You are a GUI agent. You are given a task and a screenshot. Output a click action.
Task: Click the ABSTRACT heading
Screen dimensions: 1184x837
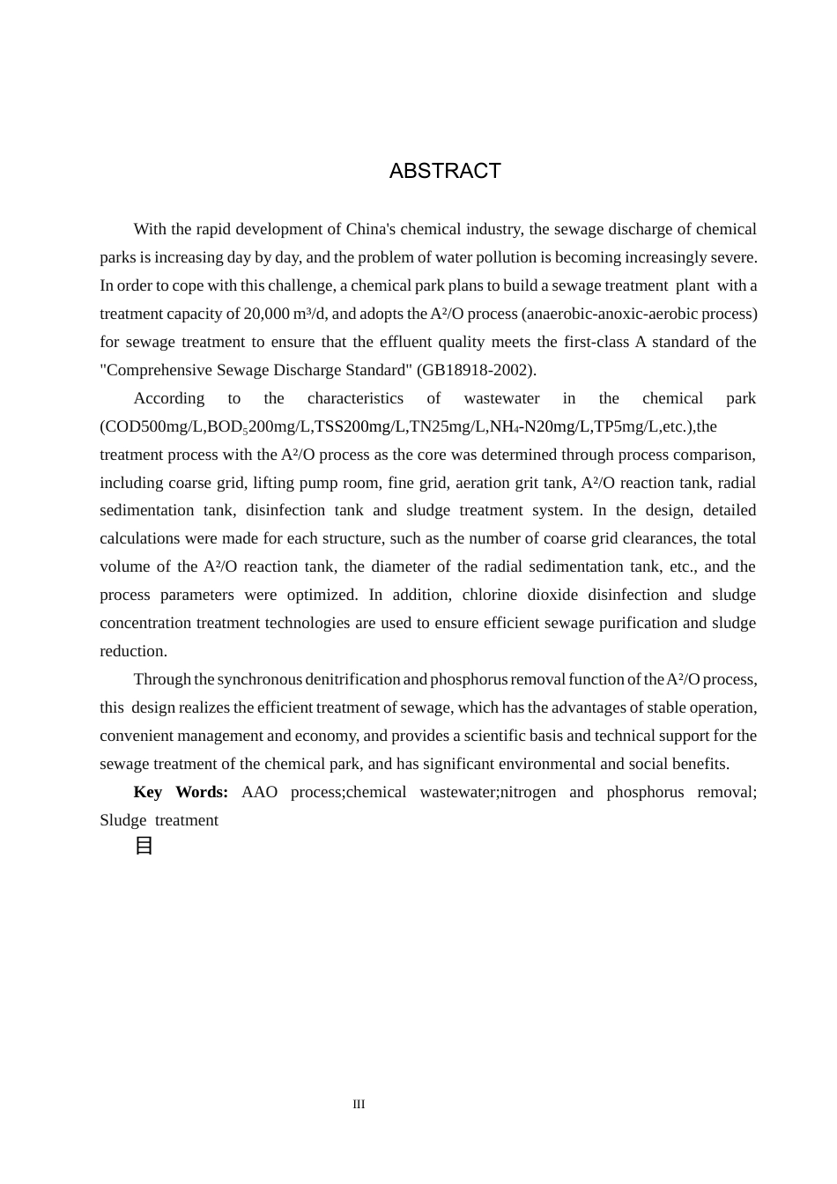[x=445, y=171]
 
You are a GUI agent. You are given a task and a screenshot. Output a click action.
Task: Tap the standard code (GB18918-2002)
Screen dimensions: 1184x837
[x=477, y=370]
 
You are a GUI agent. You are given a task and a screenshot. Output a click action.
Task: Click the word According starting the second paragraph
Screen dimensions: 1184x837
[x=168, y=398]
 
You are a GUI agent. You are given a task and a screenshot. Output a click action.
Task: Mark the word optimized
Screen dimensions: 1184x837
[x=322, y=595]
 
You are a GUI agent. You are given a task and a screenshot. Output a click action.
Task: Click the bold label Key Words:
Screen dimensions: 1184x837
[x=181, y=792]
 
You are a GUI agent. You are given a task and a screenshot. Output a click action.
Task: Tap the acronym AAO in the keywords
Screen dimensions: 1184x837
[x=259, y=792]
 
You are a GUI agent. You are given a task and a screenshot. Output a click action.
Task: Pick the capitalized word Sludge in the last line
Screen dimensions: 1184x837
[x=122, y=820]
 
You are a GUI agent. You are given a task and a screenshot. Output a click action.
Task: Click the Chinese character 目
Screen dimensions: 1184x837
[x=144, y=846]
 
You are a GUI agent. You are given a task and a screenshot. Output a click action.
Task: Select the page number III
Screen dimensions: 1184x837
[x=359, y=1104]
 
